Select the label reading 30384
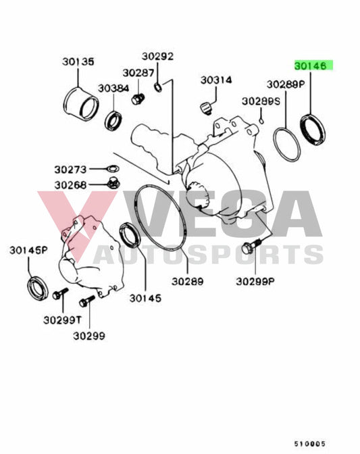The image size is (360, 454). [x=113, y=89]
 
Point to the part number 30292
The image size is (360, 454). [x=158, y=57]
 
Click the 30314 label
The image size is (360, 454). [x=215, y=80]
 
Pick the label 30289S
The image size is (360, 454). [x=261, y=101]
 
